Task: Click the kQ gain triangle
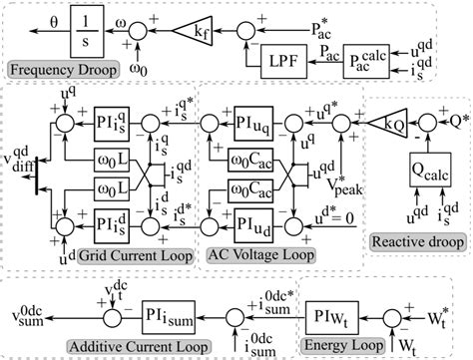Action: point(385,129)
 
